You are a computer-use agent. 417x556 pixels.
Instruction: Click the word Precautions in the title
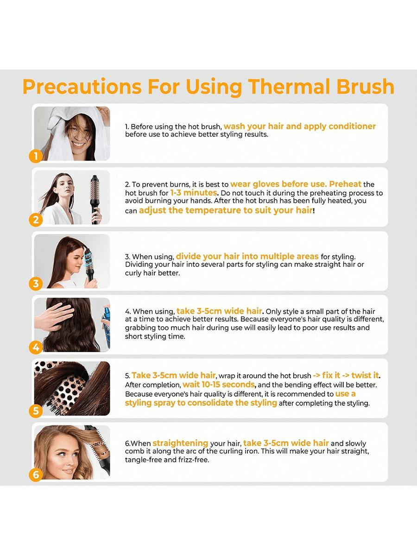[82, 87]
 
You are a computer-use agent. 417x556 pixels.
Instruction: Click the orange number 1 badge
[36, 156]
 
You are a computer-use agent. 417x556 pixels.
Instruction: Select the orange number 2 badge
[36, 220]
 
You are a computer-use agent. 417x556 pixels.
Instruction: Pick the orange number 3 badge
[36, 284]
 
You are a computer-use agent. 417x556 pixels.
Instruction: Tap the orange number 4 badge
[36, 347]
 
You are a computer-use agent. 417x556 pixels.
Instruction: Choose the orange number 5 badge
[36, 411]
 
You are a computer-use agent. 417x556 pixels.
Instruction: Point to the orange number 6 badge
[36, 475]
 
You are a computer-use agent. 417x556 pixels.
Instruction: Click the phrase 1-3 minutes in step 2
[194, 193]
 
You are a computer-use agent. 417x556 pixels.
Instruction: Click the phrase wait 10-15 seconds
[219, 385]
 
